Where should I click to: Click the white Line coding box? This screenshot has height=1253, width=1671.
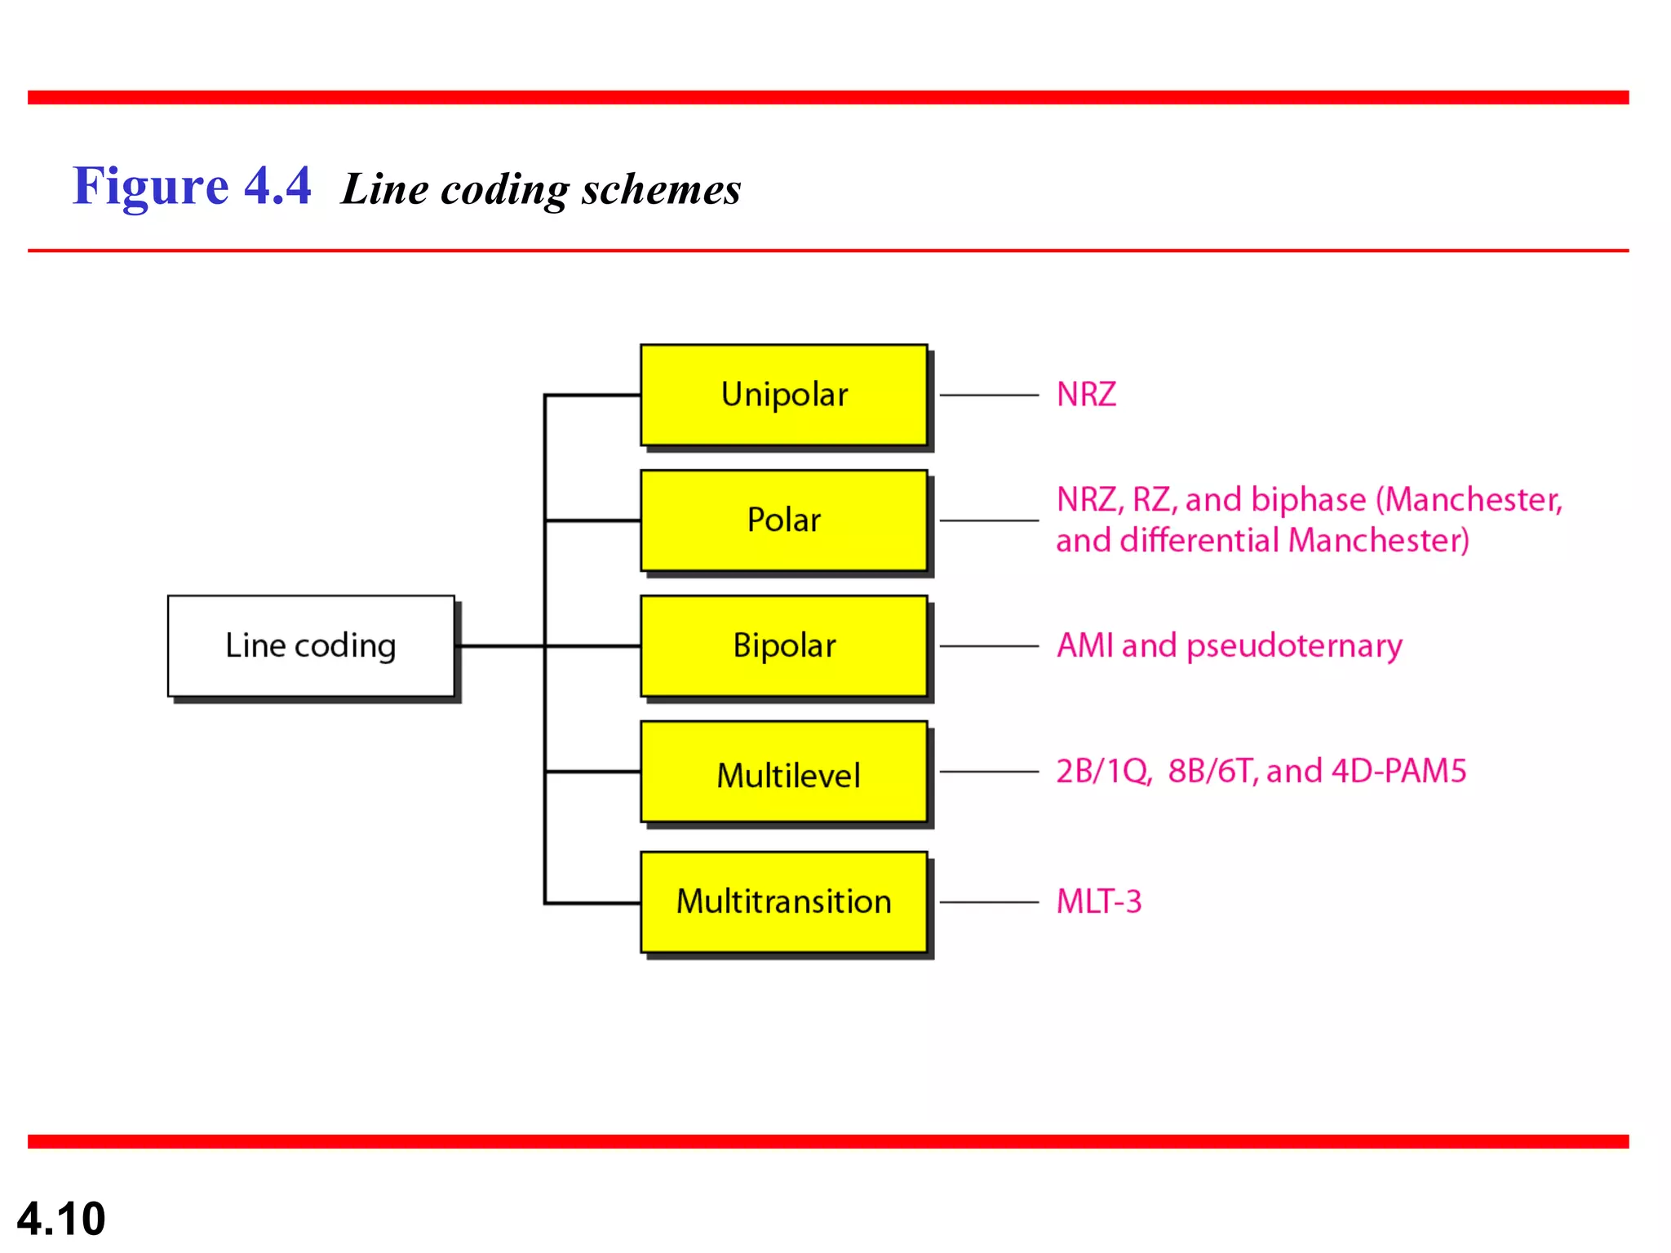[x=310, y=645]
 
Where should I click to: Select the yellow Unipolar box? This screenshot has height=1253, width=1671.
[x=783, y=395]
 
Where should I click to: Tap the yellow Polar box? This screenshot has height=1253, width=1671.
[x=783, y=520]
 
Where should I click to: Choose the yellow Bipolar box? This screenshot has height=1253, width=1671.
[x=783, y=645]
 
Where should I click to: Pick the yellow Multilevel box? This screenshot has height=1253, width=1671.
[x=783, y=773]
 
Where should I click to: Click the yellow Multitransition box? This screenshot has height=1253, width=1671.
[x=783, y=901]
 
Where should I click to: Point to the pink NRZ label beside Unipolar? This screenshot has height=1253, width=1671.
[x=1085, y=395]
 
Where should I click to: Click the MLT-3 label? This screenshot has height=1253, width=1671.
[x=1098, y=901]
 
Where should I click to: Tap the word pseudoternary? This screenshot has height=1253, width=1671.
[x=1294, y=646]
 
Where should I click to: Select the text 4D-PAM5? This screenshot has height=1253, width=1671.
[x=1398, y=771]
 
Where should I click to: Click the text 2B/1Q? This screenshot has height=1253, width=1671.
[x=1103, y=771]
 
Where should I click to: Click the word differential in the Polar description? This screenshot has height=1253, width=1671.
[x=1199, y=540]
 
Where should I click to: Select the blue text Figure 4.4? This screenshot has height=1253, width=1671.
[x=192, y=186]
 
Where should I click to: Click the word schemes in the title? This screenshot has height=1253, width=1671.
[x=661, y=189]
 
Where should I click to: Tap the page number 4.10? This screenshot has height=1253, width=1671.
[x=61, y=1219]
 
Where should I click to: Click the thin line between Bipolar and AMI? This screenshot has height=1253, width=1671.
[x=989, y=646]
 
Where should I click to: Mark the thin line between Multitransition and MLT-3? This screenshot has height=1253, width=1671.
[x=989, y=902]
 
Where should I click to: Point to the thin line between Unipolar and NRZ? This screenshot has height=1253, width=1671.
[x=989, y=395]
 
